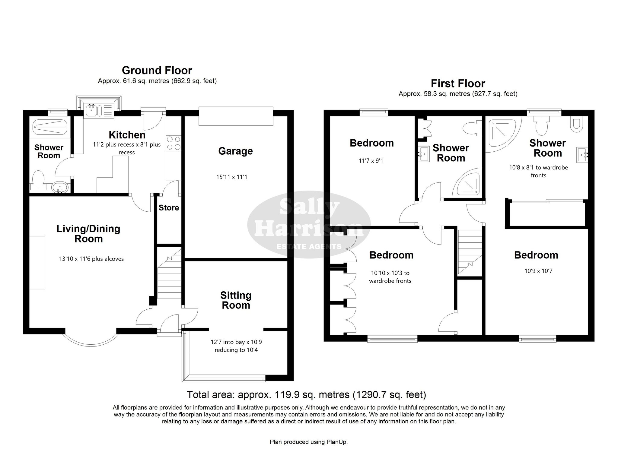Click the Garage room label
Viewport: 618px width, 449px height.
(x=235, y=151)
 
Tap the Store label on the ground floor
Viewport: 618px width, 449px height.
(x=169, y=208)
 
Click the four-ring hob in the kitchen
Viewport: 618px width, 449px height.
(x=174, y=143)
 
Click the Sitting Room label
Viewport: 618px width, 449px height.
(x=236, y=300)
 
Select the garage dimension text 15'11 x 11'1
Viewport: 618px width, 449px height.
(x=232, y=177)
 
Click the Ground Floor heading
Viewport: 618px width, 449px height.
(x=157, y=70)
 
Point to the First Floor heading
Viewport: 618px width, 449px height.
(x=458, y=83)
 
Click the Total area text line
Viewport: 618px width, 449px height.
(x=306, y=394)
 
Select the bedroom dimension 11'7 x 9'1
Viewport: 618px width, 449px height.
(x=371, y=161)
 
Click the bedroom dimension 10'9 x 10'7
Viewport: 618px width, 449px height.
(x=538, y=271)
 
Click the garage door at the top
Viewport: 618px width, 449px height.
(x=236, y=116)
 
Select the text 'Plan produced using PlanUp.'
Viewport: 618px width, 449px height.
(x=309, y=442)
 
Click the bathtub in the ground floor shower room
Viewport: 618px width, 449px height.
(x=50, y=128)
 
